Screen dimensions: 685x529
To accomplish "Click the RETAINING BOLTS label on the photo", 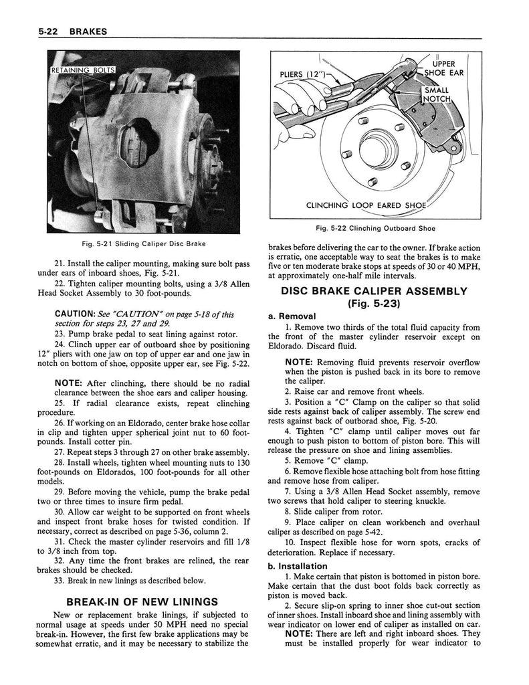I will pyautogui.click(x=84, y=70).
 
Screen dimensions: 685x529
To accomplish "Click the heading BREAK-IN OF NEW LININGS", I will pyautogui.click(x=142, y=600).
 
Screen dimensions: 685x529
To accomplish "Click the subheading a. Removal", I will pyautogui.click(x=292, y=316).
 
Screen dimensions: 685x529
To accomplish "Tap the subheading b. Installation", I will pyautogui.click(x=298, y=566).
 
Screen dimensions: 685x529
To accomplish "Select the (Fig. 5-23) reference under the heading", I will pyautogui.click(x=373, y=303).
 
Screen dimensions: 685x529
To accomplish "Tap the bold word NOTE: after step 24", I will pyautogui.click(x=68, y=382).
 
